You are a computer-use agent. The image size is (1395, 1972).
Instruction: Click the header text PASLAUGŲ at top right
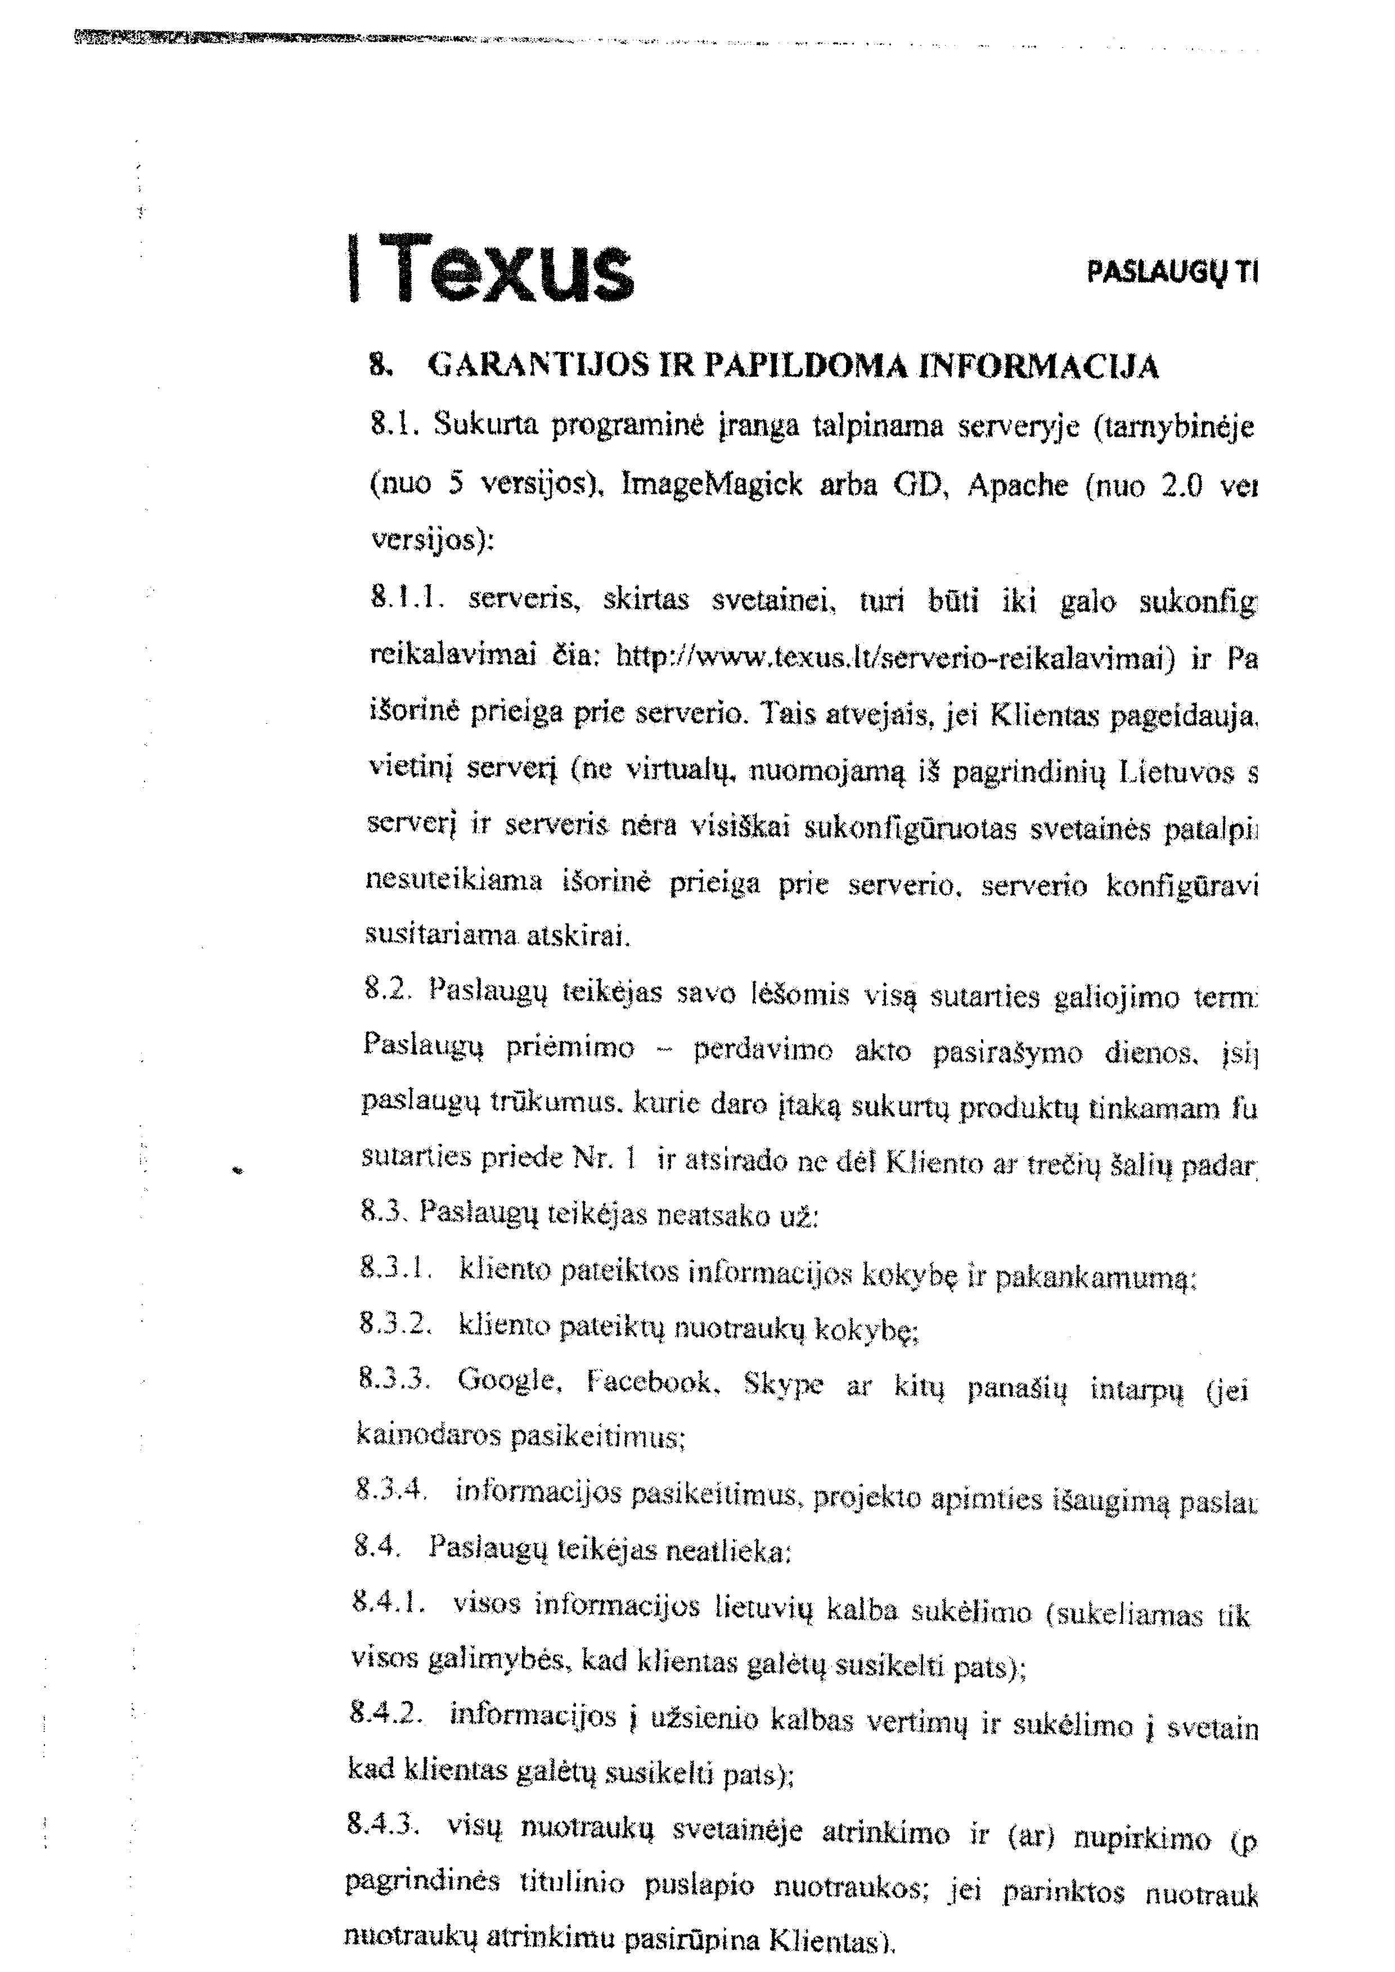tap(1154, 273)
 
